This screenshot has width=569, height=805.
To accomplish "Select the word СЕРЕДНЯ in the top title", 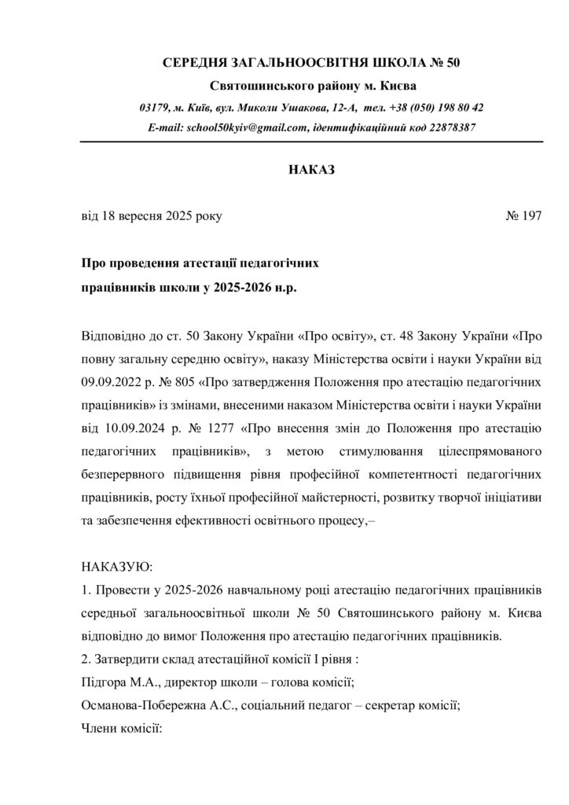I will pyautogui.click(x=195, y=62).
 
